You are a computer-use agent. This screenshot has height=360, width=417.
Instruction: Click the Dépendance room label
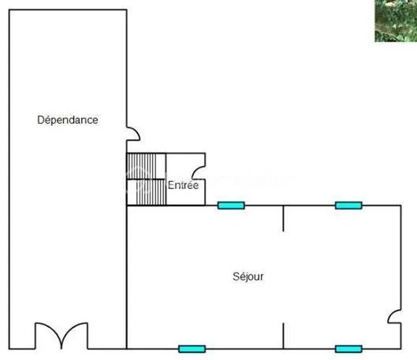click(x=68, y=120)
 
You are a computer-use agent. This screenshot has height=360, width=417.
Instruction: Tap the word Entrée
click(x=183, y=185)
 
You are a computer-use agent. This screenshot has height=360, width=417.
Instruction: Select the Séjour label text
click(x=248, y=276)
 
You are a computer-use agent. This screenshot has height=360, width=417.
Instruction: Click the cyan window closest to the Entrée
click(x=231, y=206)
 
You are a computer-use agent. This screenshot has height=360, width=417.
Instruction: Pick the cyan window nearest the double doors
click(x=192, y=349)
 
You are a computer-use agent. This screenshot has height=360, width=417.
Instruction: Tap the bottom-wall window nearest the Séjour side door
click(x=348, y=349)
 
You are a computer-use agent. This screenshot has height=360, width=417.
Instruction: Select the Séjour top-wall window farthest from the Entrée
click(x=348, y=206)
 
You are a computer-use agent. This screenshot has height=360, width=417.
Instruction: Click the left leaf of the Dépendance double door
click(x=48, y=336)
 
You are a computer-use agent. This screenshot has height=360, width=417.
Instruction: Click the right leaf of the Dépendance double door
click(x=74, y=336)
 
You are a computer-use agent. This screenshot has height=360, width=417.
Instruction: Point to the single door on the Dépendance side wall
click(x=133, y=134)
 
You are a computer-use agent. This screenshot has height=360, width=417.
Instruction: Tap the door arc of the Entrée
click(x=199, y=173)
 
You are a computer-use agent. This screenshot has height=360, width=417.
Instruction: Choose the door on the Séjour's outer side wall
click(x=395, y=317)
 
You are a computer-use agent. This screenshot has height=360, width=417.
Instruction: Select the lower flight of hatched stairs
click(x=151, y=192)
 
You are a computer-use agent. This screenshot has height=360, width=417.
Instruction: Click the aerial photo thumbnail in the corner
click(x=396, y=20)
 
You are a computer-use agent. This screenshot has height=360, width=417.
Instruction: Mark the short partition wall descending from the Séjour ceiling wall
click(x=283, y=218)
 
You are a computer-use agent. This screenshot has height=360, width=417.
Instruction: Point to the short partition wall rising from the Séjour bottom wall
click(x=283, y=336)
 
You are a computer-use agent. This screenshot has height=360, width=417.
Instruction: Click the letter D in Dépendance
click(x=40, y=120)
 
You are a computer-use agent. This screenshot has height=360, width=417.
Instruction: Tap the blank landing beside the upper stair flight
click(x=161, y=166)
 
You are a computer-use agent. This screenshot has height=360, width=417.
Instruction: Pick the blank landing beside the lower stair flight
click(x=132, y=192)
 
